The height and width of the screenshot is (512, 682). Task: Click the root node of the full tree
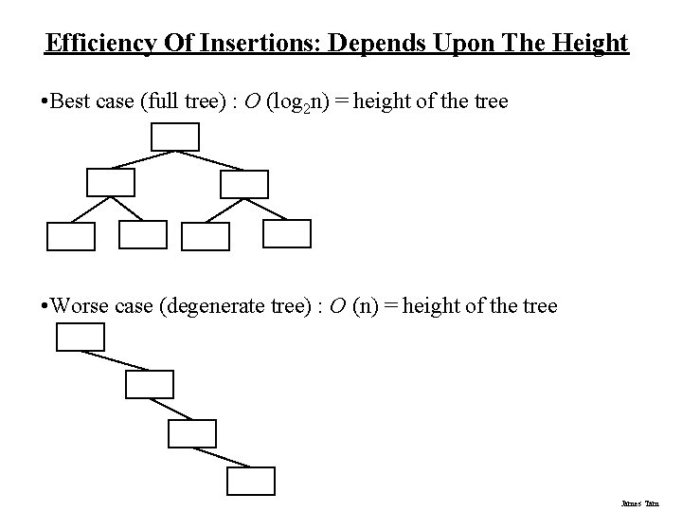click(x=175, y=137)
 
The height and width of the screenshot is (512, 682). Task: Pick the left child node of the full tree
click(x=111, y=182)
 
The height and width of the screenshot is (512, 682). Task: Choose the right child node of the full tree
click(x=244, y=184)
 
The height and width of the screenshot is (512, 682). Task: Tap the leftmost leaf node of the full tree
click(x=71, y=236)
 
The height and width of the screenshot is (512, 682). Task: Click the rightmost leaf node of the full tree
click(x=287, y=233)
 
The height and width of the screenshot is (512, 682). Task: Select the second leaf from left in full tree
click(x=142, y=234)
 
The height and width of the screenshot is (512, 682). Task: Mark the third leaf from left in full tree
click(x=205, y=236)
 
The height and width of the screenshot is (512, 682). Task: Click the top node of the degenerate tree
click(x=81, y=337)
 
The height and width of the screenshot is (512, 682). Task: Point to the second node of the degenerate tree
click(x=150, y=384)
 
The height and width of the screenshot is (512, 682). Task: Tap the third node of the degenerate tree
click(x=192, y=432)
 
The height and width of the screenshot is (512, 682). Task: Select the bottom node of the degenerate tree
click(x=250, y=482)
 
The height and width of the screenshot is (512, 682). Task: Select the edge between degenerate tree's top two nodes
click(x=116, y=361)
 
